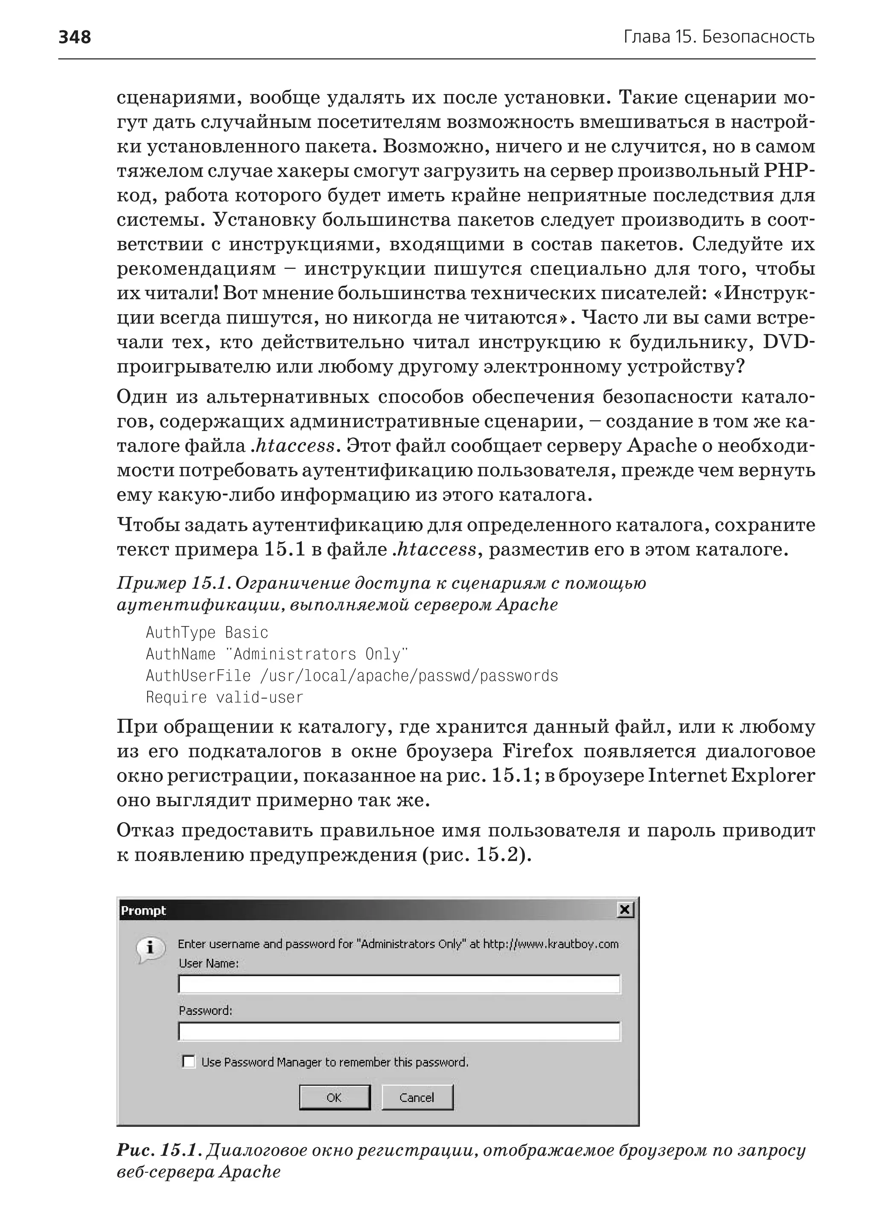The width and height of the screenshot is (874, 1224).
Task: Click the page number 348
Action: (75, 37)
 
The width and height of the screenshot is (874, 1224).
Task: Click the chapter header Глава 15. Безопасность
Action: (719, 37)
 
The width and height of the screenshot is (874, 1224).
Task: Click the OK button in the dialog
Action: (334, 1097)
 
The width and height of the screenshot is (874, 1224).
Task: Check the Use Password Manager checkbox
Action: (188, 1061)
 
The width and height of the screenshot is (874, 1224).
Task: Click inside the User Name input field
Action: (398, 985)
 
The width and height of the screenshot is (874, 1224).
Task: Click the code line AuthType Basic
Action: (207, 632)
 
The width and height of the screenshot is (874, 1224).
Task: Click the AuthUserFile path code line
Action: (352, 676)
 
